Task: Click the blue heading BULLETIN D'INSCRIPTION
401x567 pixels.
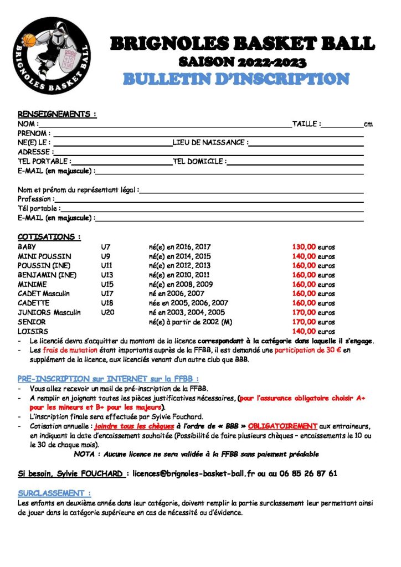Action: pos(236,78)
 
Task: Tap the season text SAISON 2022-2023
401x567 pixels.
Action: pos(243,61)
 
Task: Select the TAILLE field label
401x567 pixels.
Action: pos(306,124)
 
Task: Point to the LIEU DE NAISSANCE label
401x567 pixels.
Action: pos(210,142)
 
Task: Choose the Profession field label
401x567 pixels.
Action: pos(36,199)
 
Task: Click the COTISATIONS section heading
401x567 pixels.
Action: pos(49,237)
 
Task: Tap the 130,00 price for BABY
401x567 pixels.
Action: pos(304,247)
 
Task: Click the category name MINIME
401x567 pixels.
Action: pos(33,285)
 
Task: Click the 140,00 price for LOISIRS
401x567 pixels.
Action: pos(304,332)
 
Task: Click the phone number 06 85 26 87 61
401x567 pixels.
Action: pos(313,473)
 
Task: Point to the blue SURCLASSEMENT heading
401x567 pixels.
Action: pos(54,493)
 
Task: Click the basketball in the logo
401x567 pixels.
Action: pos(29,40)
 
